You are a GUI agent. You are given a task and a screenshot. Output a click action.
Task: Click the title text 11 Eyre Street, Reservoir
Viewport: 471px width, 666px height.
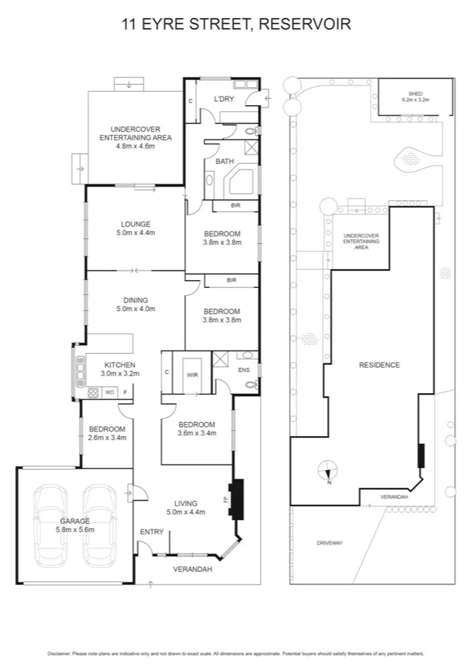235,25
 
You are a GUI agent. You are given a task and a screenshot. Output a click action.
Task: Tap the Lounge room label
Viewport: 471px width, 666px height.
136,227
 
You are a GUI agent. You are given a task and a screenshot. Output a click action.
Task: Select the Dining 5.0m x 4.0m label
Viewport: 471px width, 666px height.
136,304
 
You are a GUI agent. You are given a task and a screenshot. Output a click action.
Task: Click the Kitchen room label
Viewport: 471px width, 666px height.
120,369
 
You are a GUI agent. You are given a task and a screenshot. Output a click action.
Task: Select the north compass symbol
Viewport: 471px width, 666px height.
329,473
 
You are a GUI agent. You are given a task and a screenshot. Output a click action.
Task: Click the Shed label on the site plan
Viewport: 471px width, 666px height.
416,96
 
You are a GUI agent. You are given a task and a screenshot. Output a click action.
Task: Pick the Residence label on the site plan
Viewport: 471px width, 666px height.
379,365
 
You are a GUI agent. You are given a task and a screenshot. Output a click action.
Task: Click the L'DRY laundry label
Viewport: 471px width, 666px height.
224,99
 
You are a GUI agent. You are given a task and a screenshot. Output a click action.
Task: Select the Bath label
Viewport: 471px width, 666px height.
224,162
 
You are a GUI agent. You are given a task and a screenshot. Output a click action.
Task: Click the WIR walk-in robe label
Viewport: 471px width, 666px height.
191,376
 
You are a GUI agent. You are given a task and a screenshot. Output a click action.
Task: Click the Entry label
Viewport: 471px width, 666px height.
151,532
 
